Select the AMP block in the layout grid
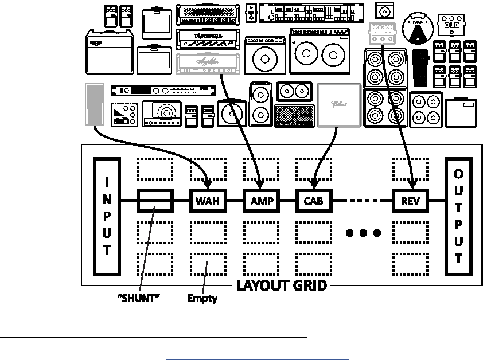(262, 201)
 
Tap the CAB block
(314, 201)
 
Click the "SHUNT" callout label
(138, 299)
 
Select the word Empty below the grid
(202, 299)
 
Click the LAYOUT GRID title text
(282, 285)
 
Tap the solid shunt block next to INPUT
(155, 201)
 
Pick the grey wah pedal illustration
(93, 104)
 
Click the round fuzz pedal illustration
(418, 28)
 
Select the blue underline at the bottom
(258, 359)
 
